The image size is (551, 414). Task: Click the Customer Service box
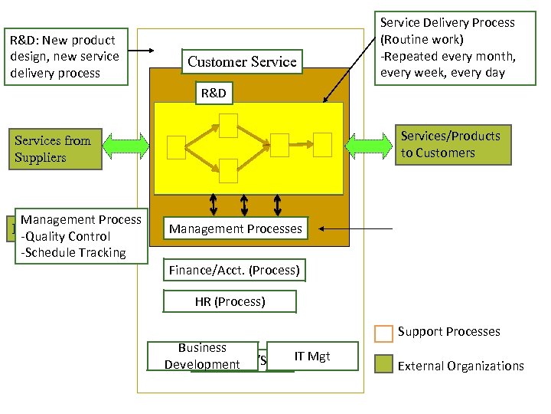(241, 62)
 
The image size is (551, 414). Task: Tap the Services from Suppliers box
(53, 149)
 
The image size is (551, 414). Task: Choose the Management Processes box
(235, 228)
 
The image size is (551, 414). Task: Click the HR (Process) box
(230, 301)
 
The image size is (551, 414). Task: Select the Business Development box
(202, 356)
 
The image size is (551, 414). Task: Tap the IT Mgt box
(312, 356)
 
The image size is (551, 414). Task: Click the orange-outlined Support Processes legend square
(383, 333)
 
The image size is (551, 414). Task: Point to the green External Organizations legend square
(383, 365)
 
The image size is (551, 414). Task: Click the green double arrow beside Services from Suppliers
(127, 144)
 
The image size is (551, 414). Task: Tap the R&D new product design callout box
(65, 56)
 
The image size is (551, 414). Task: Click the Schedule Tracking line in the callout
(73, 252)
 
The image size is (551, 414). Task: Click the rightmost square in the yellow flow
(322, 143)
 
